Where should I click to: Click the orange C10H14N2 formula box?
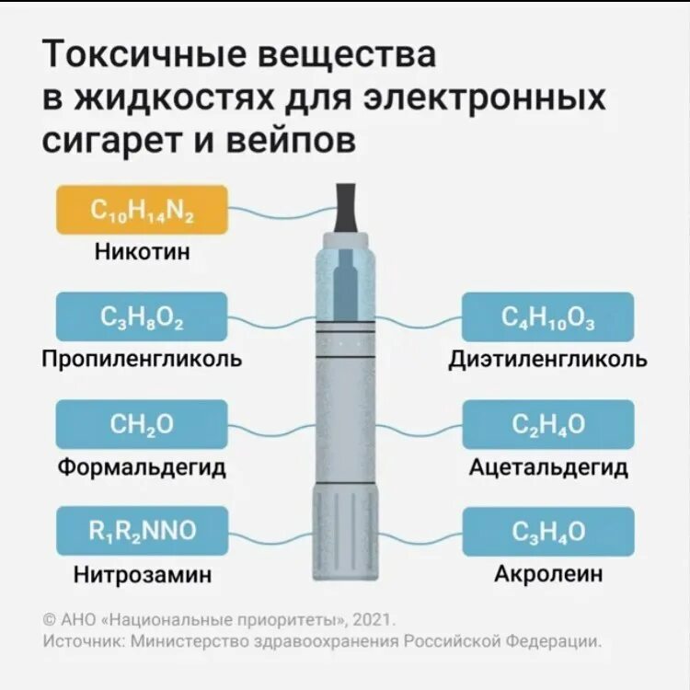point(142,210)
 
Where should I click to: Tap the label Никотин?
point(142,251)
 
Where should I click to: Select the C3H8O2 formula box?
point(142,317)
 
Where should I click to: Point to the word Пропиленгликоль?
point(142,359)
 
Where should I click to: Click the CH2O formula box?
point(142,424)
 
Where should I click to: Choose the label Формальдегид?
point(142,466)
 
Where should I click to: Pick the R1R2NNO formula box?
point(142,531)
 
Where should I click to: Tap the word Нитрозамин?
point(142,574)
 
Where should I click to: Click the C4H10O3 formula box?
point(547,317)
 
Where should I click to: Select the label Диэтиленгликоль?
point(547,359)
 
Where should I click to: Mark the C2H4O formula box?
point(547,424)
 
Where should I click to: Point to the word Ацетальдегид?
point(547,466)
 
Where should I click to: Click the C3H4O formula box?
point(547,531)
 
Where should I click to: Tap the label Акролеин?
point(547,574)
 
